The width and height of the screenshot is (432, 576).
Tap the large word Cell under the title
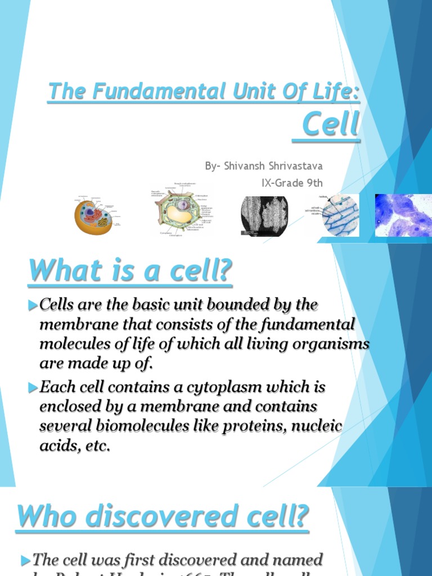click(330, 124)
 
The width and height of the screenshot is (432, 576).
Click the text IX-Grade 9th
click(292, 183)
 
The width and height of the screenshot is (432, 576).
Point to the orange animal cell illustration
click(93, 216)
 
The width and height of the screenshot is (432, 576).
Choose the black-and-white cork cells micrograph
click(264, 215)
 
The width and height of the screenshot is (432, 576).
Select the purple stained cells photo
click(403, 215)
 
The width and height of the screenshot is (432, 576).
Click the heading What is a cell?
click(130, 271)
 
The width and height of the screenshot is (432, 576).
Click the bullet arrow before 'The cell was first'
click(24, 560)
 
